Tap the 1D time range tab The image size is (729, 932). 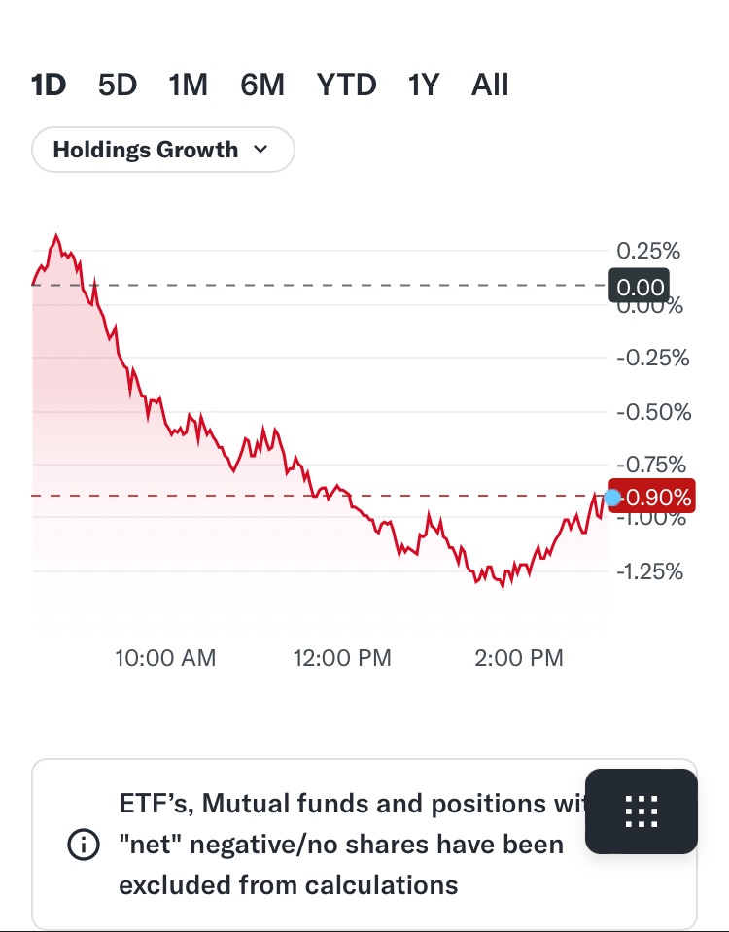coord(49,86)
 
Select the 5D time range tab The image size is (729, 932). coord(118,86)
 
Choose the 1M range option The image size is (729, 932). coord(188,86)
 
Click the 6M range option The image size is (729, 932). coord(262,86)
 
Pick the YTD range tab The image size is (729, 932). coord(346,86)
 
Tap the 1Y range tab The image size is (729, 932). coord(424,86)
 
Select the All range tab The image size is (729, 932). coord(490,86)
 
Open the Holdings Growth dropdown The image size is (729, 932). coord(162,150)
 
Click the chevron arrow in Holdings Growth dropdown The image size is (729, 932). coord(260,150)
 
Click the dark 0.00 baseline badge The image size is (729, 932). coord(641,286)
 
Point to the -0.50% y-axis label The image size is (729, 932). coord(653,412)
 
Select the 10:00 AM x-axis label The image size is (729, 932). coord(165,658)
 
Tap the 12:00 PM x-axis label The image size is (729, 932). coord(342,658)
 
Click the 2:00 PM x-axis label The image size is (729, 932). coord(518,658)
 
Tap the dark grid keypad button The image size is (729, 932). coord(642,811)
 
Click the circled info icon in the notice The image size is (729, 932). coord(84,846)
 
